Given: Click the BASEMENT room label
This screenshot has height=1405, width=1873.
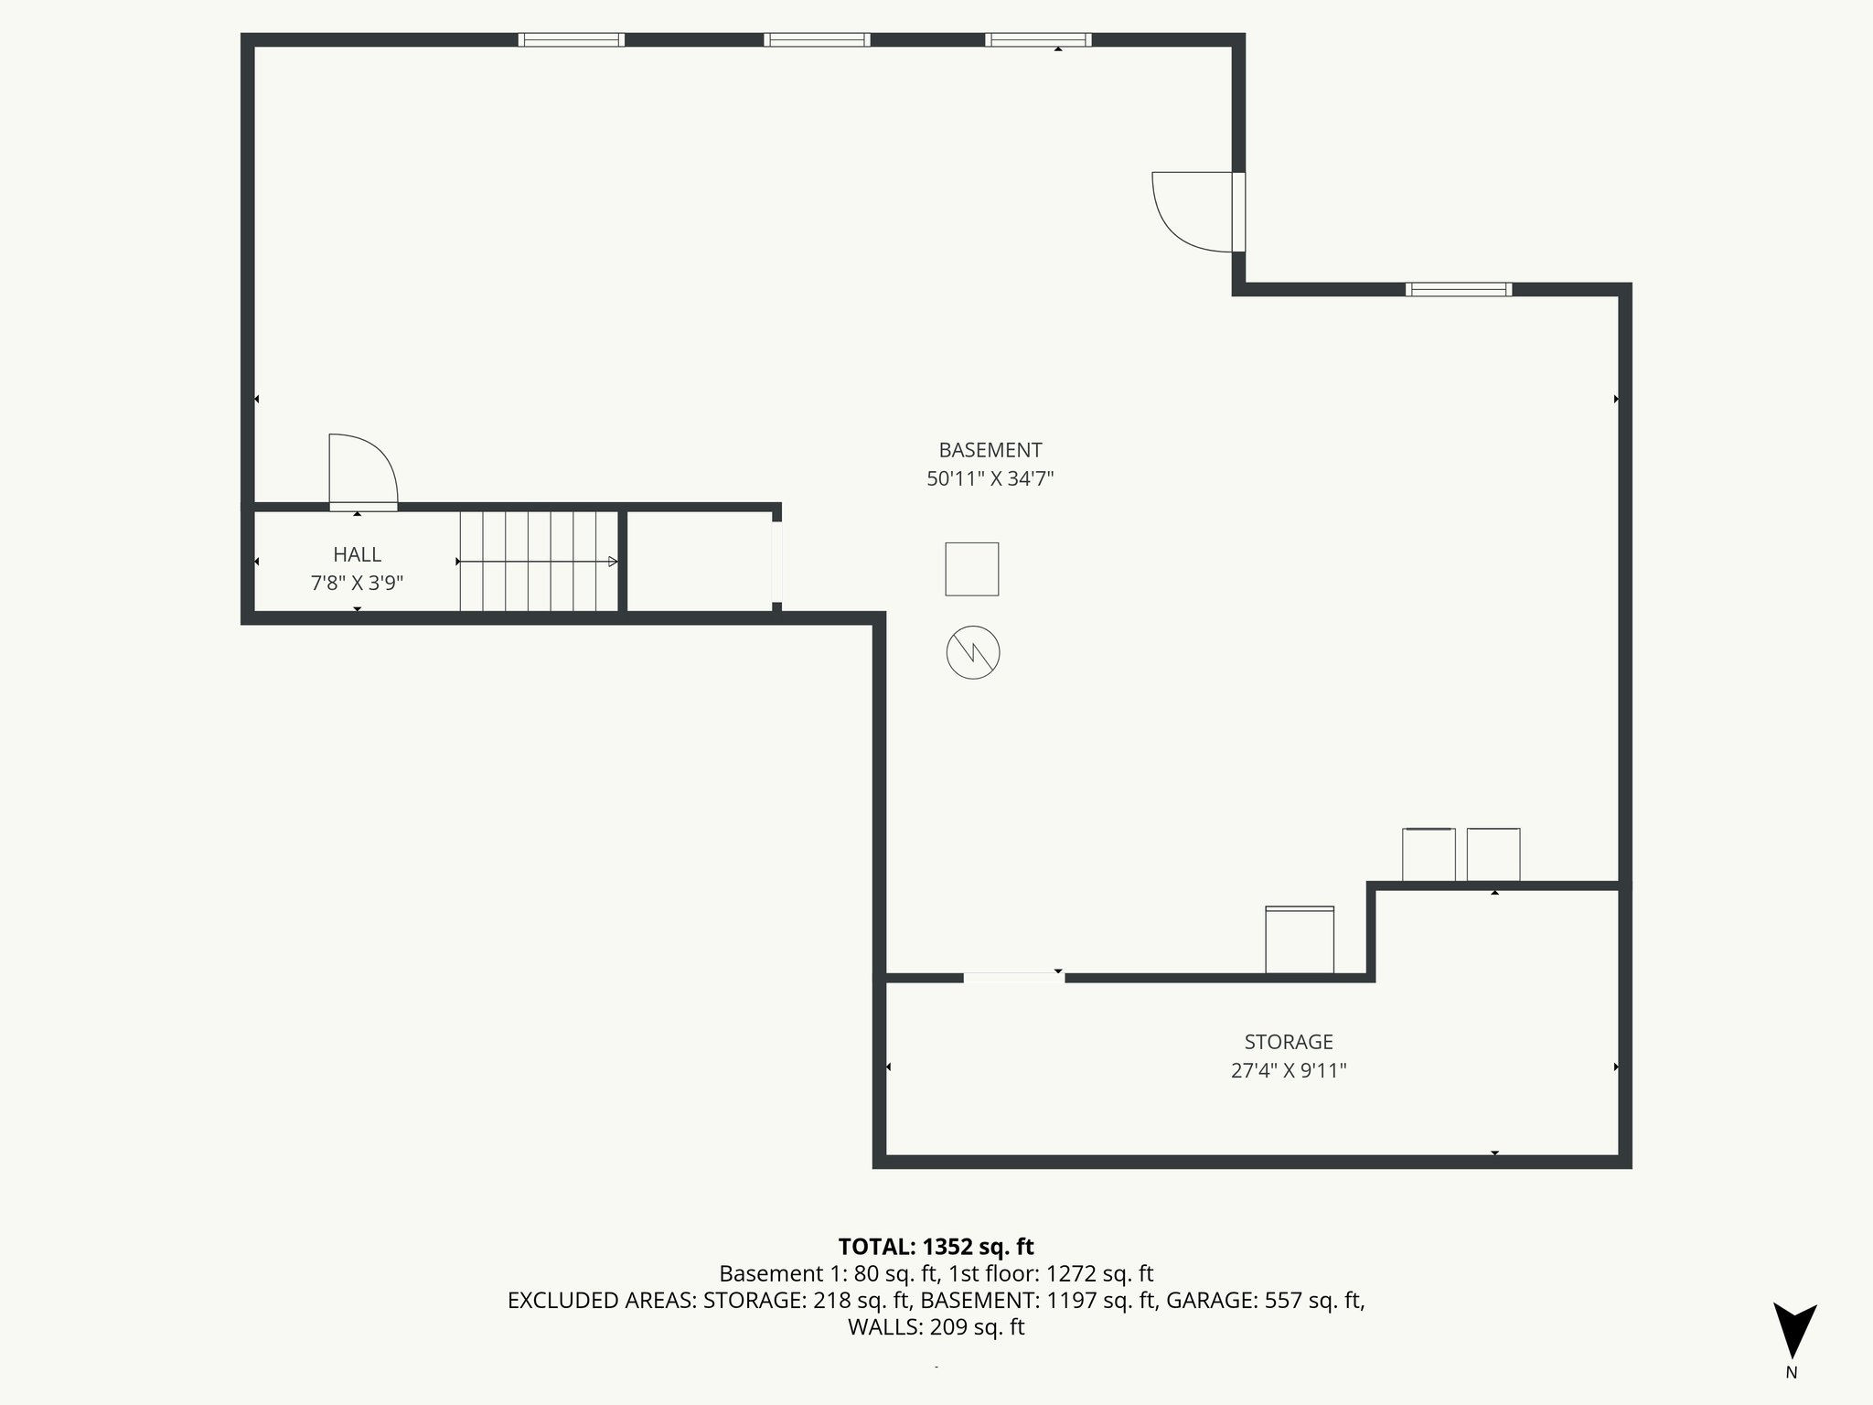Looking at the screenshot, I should [990, 450].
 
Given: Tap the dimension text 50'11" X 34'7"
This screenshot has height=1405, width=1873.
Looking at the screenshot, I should [990, 478].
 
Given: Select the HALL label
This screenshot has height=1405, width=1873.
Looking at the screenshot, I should [357, 554].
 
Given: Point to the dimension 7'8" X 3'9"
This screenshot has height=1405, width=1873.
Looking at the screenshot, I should [357, 583].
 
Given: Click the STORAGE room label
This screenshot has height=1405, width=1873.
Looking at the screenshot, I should [1288, 1042].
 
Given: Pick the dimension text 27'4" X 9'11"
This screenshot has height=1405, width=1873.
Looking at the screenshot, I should [1288, 1070].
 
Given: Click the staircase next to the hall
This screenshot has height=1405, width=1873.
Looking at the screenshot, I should [539, 561].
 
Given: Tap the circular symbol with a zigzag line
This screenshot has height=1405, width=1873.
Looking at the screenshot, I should [972, 653].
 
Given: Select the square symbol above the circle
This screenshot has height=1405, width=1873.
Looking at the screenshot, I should [971, 569].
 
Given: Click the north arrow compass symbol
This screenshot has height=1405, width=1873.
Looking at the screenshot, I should [1793, 1331].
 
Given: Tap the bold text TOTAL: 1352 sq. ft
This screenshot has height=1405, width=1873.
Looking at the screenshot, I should [936, 1247].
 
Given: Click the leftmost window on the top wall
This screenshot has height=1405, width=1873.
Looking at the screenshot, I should [571, 39].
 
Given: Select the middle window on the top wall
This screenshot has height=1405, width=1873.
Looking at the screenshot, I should [817, 39].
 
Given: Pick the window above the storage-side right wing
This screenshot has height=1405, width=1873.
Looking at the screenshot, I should [1458, 289].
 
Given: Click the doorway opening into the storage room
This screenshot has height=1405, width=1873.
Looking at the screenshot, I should [1013, 978].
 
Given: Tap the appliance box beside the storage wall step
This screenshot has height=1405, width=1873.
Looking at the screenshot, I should [1299, 939].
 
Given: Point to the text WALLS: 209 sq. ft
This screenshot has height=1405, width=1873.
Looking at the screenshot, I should [936, 1327].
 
